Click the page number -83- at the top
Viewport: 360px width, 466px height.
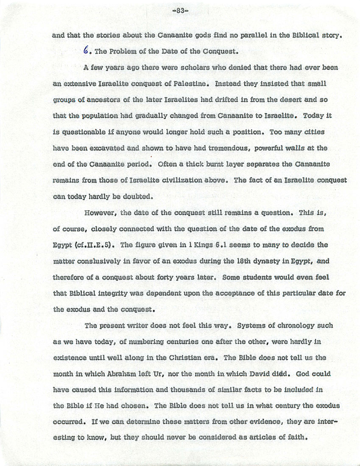click(179, 11)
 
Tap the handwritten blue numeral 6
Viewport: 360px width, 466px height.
click(86, 51)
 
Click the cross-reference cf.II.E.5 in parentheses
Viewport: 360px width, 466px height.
click(95, 245)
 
